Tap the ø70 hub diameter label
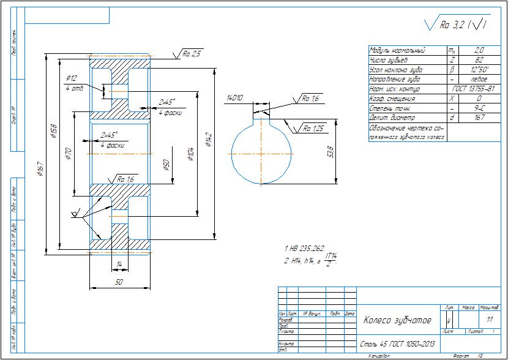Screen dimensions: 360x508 coord(68,149)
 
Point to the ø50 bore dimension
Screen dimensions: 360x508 coord(166,167)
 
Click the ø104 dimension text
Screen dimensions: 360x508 coord(192,153)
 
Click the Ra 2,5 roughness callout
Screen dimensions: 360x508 coord(192,54)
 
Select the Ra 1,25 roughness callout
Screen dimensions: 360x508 coord(312,129)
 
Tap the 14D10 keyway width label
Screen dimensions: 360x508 coord(235,97)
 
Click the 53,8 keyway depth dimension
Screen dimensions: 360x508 coord(331,151)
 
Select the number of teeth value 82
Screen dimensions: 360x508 coord(480,60)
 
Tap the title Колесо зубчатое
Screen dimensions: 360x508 coord(397,320)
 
